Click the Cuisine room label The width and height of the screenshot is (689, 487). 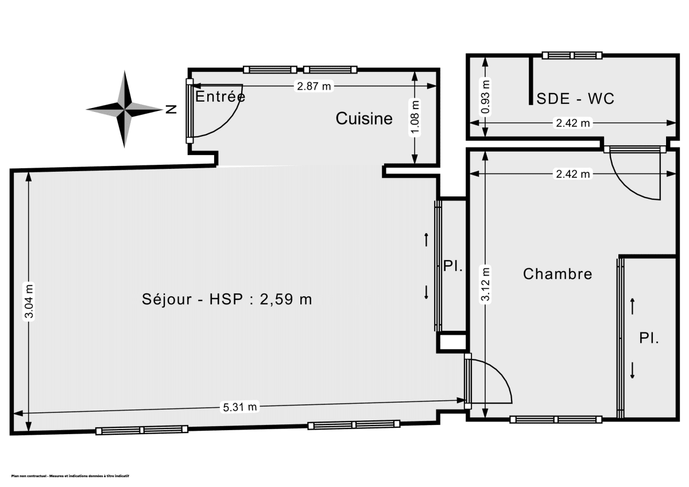(x=364, y=119)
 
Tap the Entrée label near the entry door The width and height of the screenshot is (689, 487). (x=220, y=96)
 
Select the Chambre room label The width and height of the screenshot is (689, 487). (x=557, y=274)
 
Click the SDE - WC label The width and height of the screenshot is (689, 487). (x=575, y=99)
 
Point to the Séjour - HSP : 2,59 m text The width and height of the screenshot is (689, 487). (x=227, y=299)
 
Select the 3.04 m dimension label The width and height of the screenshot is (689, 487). (x=29, y=302)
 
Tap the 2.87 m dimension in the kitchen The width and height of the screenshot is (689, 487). (x=313, y=87)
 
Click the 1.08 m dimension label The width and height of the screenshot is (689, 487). (x=415, y=118)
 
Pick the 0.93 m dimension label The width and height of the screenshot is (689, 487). (x=486, y=96)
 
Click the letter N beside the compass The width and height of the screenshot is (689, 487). (x=171, y=109)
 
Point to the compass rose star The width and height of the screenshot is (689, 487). (x=124, y=109)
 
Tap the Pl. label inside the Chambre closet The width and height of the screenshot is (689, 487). (x=649, y=338)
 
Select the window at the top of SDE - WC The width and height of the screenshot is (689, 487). (x=572, y=56)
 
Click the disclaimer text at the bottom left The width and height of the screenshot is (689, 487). (x=70, y=476)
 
